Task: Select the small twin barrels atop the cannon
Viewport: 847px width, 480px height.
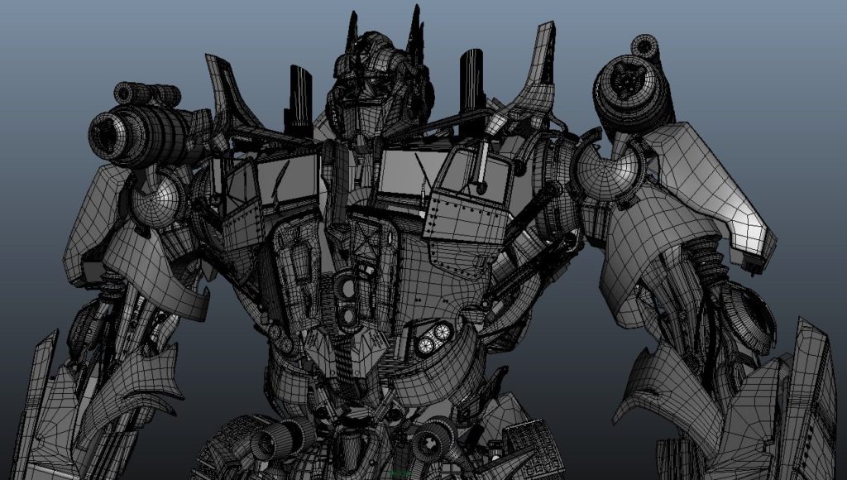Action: point(149,94)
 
